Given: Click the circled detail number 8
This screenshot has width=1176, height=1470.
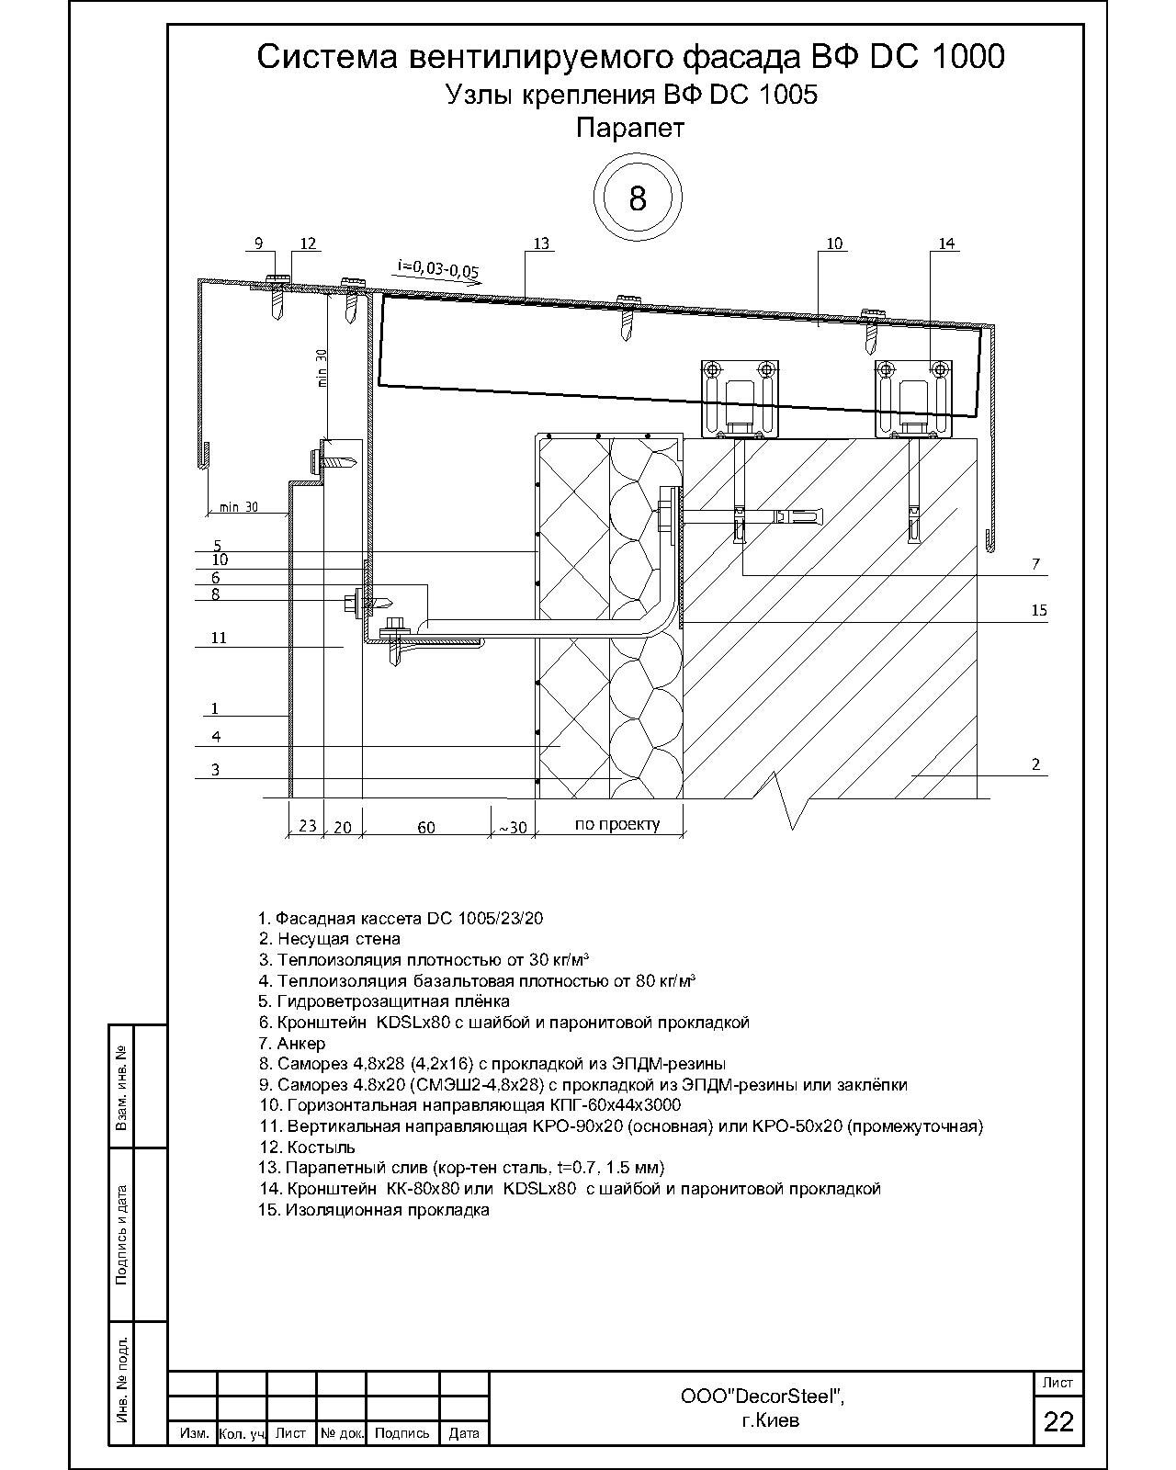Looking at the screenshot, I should point(638,198).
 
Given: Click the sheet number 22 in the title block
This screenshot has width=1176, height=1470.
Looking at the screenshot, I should point(1058,1421).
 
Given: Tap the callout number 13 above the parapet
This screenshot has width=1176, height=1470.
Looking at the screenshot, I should point(541,243).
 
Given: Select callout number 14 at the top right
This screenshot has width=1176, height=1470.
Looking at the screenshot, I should point(947,243).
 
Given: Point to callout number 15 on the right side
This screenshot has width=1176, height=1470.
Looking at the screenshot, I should point(1039,610).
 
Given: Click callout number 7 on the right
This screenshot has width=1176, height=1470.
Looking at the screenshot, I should point(1035,563).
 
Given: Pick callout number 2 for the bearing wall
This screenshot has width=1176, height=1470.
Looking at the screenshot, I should point(1035,763).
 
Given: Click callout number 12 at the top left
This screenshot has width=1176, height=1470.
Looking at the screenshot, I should point(308,243).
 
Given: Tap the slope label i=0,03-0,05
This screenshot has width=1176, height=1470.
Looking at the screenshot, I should point(438,269).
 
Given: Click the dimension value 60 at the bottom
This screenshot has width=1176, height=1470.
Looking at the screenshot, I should point(425,828).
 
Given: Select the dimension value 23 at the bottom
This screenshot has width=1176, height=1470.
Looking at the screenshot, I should point(308,826).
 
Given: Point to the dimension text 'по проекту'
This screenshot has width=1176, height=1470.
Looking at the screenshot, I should point(616,824).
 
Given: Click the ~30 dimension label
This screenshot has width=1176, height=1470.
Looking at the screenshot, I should point(512,828).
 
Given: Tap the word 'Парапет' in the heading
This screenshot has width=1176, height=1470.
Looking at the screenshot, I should point(630,128).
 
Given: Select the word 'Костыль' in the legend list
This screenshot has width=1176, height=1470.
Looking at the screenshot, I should point(320,1148).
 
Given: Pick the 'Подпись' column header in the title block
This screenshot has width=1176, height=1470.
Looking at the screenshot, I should point(401,1433).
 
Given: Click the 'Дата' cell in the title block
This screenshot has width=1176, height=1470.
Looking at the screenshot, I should point(464,1433).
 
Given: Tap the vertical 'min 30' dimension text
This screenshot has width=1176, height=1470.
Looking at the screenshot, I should point(322,367).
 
